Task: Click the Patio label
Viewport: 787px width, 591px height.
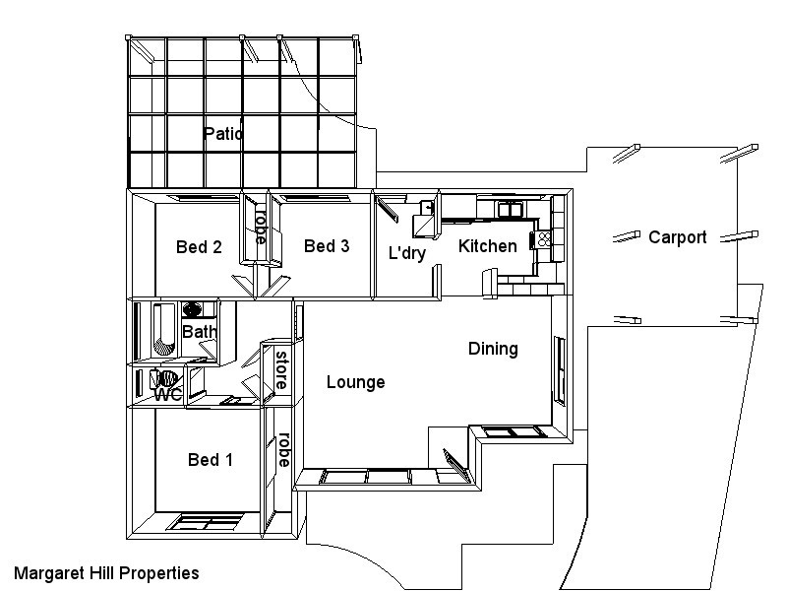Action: point(223,133)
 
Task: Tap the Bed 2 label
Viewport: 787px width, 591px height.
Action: point(199,247)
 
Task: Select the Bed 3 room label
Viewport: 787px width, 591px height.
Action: point(327,246)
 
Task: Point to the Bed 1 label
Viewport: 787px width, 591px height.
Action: point(211,460)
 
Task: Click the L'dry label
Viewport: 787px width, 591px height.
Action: point(406,253)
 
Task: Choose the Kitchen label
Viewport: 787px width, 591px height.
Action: point(488,246)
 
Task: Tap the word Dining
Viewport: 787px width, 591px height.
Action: point(493,349)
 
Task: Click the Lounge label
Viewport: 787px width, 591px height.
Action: point(355,382)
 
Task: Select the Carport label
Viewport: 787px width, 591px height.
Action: point(677,237)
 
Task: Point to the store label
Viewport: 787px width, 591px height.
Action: point(281,369)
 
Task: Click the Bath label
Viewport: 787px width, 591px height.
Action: point(199,332)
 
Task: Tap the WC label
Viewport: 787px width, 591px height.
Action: point(167,395)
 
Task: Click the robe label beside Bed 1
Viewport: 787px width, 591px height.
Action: point(283,449)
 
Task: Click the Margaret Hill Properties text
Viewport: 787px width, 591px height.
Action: point(106,572)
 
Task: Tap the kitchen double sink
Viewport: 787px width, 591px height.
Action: point(510,209)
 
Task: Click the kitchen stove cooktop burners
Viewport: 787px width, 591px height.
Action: point(544,238)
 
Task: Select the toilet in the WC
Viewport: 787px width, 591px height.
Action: point(165,378)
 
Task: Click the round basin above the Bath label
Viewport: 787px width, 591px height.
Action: point(193,309)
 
